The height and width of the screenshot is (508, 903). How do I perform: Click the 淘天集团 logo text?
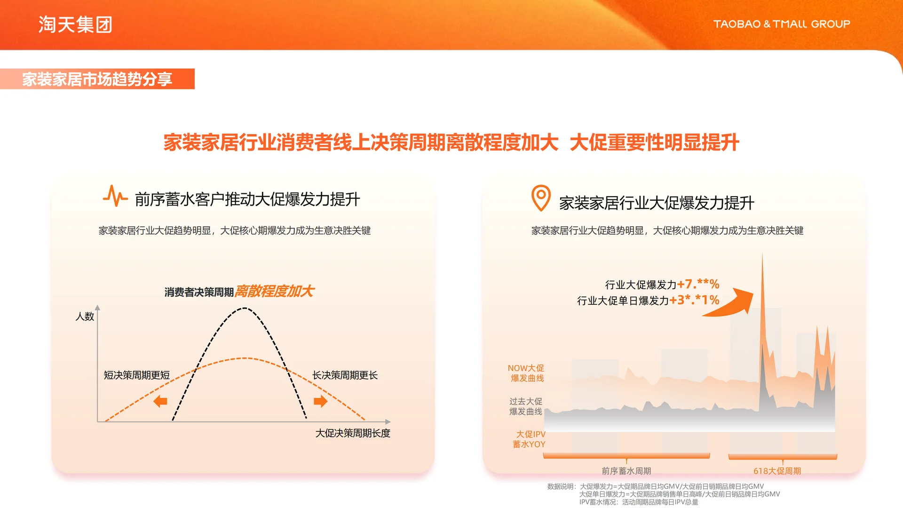75,24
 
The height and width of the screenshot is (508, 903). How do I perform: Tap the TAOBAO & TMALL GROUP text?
781,24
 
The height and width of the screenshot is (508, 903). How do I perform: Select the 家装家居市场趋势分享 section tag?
97,79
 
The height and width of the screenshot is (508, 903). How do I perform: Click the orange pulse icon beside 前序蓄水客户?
115,196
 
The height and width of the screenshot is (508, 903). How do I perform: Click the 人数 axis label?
85,317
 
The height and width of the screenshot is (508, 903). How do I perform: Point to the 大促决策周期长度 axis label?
353,433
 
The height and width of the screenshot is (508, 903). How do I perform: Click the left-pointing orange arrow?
160,401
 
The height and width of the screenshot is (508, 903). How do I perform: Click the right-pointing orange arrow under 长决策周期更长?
320,401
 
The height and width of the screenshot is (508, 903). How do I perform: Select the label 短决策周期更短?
136,375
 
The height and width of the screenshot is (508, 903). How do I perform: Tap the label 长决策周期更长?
345,375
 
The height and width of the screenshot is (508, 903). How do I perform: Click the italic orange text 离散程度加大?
274,291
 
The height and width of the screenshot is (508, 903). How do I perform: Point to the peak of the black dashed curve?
245,309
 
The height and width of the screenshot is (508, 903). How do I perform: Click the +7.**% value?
698,284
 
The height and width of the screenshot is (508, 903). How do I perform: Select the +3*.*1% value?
694,300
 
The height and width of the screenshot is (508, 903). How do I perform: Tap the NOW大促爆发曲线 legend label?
526,373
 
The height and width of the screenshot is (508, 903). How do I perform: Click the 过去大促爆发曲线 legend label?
526,406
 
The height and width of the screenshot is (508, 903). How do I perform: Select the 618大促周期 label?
777,471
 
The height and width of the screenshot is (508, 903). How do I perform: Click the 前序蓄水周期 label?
626,471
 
